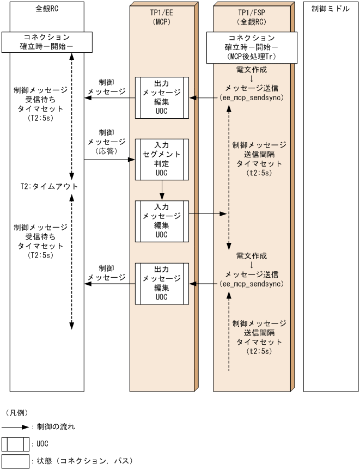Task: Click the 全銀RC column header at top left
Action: pyautogui.click(x=47, y=9)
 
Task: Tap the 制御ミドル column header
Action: pyautogui.click(x=330, y=9)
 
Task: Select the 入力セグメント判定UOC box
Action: pyautogui.click(x=161, y=160)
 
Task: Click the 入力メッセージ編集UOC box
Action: pyautogui.click(x=161, y=221)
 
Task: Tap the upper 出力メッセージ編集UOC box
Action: pyautogui.click(x=161, y=98)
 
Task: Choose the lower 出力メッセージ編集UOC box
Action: pyautogui.click(x=161, y=283)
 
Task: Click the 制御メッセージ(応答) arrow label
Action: pyautogui.click(x=106, y=142)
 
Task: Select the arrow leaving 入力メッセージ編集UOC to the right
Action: pyautogui.click(x=207, y=214)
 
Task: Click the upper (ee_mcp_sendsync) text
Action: pyautogui.click(x=251, y=99)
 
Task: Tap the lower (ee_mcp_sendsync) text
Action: pyautogui.click(x=251, y=284)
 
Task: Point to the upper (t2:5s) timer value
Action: pyautogui.click(x=259, y=173)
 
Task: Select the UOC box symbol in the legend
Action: pyautogui.click(x=15, y=444)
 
